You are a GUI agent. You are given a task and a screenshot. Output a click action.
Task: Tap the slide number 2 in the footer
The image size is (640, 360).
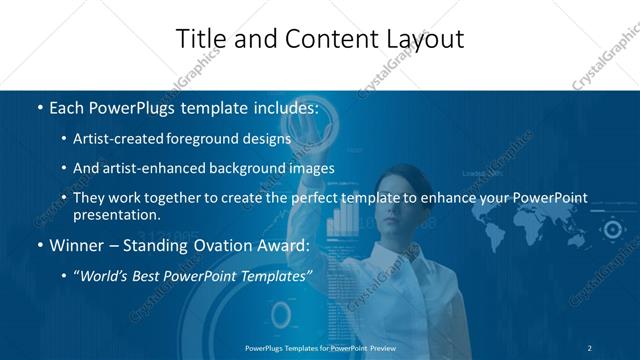[589, 347]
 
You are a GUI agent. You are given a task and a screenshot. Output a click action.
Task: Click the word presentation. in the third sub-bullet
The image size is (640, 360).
[117, 214]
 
